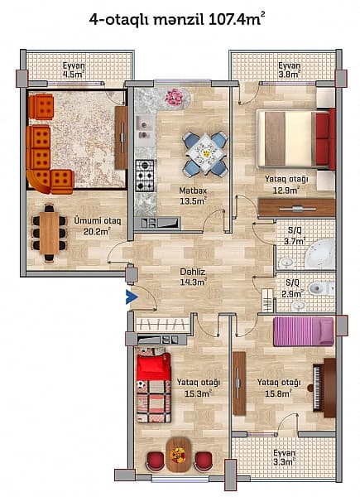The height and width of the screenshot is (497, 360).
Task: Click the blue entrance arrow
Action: point(130,297)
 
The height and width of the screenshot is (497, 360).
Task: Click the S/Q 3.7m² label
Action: point(294,235)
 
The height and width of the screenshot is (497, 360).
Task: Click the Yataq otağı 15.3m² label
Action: point(198,387)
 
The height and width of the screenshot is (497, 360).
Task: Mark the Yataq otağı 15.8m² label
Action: point(278,387)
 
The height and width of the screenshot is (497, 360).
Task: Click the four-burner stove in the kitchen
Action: point(145,175)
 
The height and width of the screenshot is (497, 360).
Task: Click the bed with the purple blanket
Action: point(303,331)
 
